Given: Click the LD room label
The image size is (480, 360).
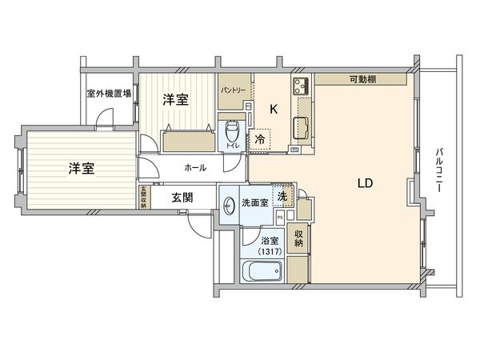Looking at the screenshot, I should tap(365, 182).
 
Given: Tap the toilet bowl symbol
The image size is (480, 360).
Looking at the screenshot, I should tap(232, 130).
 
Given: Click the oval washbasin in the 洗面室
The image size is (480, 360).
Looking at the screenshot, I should tap(229, 203).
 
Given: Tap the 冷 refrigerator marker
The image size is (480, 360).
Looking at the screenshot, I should tap(260, 138).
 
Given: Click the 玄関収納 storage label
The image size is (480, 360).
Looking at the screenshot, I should tap(143, 197).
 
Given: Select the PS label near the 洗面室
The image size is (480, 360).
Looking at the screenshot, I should tap(279, 217).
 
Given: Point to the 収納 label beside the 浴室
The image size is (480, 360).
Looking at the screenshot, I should tap(298, 239).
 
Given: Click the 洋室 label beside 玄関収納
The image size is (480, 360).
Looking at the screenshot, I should tap(81, 169).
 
